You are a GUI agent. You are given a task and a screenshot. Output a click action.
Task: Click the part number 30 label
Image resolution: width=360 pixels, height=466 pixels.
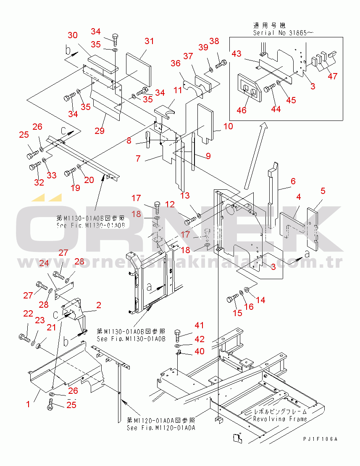(x=73, y=35)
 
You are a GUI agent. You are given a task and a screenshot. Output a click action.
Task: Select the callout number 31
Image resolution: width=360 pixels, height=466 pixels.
(x=149, y=41)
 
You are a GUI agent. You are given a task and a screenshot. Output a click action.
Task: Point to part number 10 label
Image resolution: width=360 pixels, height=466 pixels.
(x=228, y=126)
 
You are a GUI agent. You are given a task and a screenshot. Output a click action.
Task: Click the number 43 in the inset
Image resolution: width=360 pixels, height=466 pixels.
(x=236, y=54)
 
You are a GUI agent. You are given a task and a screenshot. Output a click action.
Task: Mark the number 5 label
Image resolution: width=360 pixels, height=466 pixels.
(x=323, y=191)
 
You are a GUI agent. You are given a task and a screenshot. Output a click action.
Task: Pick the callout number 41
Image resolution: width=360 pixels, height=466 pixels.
(x=199, y=325)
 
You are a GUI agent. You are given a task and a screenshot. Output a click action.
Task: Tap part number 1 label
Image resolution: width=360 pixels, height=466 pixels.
(x=28, y=404)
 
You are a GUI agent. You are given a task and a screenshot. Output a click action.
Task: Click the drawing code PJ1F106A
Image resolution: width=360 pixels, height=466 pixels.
(x=321, y=439)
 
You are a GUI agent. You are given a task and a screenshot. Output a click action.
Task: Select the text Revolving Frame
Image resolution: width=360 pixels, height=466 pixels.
(x=280, y=419)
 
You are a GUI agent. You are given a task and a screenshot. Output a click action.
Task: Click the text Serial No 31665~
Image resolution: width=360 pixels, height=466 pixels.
(x=283, y=32)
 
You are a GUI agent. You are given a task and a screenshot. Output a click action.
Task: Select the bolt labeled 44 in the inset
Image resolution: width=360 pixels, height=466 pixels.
(x=269, y=88)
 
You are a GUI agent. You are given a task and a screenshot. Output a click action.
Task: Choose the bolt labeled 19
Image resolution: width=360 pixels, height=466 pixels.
(x=70, y=173)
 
